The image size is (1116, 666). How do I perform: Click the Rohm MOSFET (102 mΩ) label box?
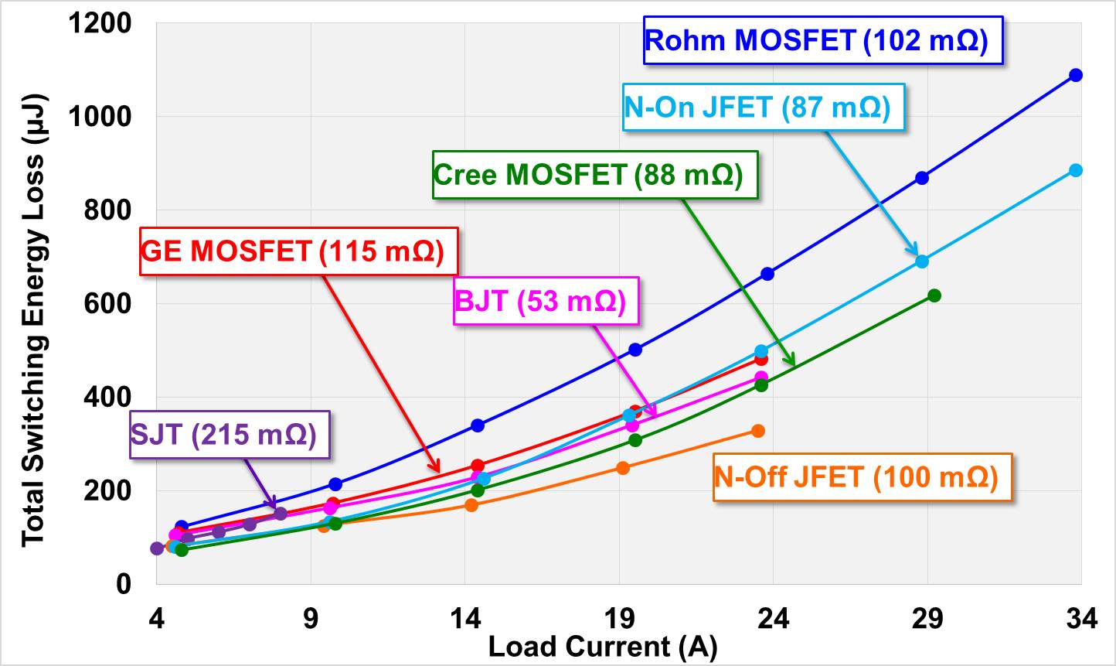(816, 40)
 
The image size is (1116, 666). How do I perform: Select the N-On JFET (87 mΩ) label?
(757, 107)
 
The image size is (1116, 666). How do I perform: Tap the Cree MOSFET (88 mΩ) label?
(589, 175)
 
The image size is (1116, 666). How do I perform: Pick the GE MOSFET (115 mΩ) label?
(293, 251)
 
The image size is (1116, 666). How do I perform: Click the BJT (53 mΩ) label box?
(540, 300)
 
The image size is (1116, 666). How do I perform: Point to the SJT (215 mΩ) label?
(224, 434)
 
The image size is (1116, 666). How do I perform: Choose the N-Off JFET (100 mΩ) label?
(856, 477)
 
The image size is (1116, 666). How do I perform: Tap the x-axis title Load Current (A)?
(603, 647)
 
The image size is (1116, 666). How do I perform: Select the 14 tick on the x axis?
(464, 620)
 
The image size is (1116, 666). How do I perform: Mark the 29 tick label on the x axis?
(927, 620)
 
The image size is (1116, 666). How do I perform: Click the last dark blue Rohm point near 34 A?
(1075, 75)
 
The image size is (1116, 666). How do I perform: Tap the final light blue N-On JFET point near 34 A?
(1075, 170)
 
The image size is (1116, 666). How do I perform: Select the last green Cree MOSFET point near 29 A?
(934, 295)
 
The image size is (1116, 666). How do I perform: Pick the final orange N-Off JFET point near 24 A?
(758, 431)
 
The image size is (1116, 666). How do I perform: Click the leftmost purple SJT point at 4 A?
(157, 548)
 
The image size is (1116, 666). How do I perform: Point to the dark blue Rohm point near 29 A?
(921, 178)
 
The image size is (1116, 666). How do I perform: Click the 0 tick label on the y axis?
(124, 584)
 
